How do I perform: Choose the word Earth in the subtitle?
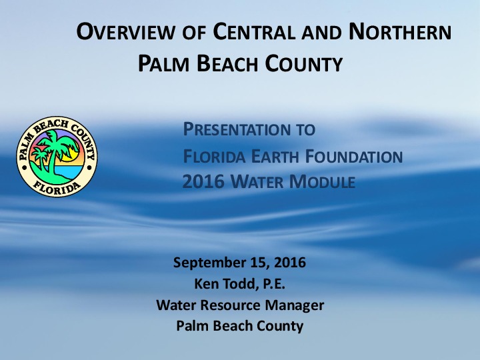coord(261,157)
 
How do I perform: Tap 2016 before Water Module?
coord(201,181)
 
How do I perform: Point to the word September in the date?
coord(206,263)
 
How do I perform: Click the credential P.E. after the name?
coord(272,284)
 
